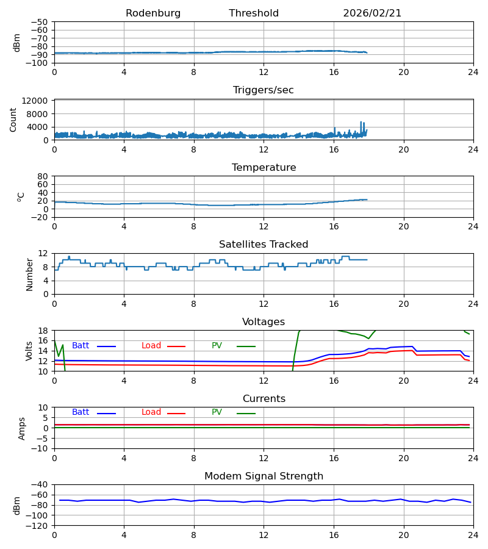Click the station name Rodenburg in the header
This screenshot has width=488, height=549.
point(153,13)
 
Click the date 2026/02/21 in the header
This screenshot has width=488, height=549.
point(372,13)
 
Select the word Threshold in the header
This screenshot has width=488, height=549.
point(254,13)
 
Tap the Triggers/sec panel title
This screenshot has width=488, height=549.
point(264,90)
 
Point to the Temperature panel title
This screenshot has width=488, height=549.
point(264,168)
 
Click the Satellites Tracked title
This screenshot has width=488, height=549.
point(264,245)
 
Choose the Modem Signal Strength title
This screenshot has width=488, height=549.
point(264,476)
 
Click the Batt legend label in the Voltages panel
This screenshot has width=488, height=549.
point(81,346)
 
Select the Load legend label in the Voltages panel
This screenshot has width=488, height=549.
point(151,346)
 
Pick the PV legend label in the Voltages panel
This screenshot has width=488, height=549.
point(217,346)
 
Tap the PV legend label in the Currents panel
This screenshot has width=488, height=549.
point(217,412)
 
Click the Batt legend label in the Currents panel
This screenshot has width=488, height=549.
point(81,412)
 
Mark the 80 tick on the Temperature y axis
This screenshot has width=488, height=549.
point(43,176)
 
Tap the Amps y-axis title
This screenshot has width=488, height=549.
point(22,428)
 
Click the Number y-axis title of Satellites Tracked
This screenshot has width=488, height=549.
point(30,274)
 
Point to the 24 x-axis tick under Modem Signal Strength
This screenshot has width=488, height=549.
point(473,535)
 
